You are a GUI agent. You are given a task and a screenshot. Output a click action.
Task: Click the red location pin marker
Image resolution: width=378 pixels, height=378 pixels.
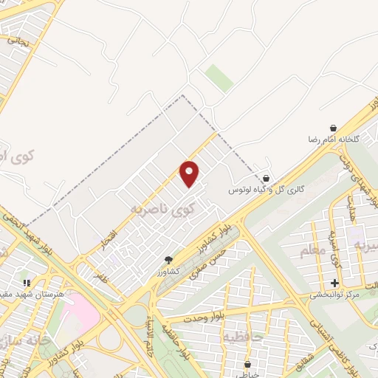point(190,173)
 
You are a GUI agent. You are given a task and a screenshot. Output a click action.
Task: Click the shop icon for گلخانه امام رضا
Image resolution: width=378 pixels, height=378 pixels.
point(333,128)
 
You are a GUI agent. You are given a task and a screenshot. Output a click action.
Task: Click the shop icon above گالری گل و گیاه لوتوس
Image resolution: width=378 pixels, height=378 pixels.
point(265,178)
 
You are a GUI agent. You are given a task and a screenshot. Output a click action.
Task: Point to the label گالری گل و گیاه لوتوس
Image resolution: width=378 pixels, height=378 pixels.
point(266,190)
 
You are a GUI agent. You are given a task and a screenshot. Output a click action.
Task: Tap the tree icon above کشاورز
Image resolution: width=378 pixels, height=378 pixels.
point(168,260)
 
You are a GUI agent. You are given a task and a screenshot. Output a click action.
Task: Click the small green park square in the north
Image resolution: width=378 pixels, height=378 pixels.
point(219,78)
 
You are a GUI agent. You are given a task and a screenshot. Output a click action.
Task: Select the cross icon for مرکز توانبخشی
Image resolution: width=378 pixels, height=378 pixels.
point(335,283)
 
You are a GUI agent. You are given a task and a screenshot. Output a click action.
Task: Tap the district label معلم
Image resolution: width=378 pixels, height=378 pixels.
point(312,251)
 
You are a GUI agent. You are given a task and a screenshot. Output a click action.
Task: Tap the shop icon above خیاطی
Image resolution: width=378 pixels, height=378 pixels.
point(247,364)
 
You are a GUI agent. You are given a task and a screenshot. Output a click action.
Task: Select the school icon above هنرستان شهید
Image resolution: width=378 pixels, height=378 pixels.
point(27,282)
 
